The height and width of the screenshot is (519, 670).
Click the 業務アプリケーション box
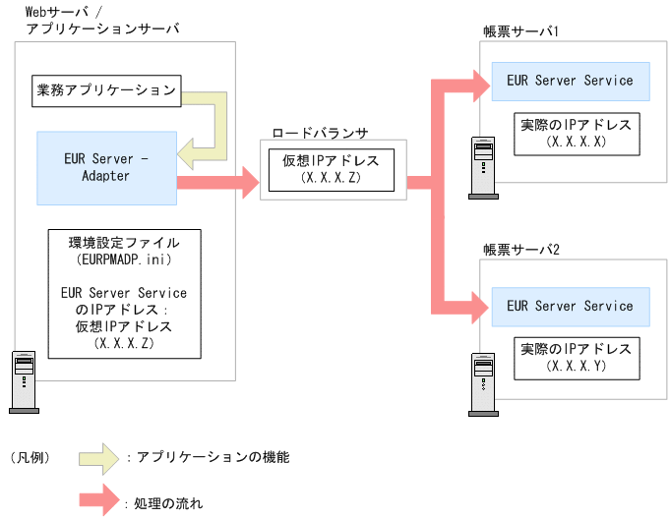[x=100, y=91]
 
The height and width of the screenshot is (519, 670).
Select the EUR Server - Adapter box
[x=106, y=167]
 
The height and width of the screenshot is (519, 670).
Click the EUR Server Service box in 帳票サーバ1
[x=570, y=82]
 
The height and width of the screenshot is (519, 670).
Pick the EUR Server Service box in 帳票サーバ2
[x=570, y=307]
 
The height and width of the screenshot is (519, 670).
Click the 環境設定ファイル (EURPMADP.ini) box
[x=123, y=293]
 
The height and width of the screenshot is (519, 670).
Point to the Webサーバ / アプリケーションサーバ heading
[x=95, y=20]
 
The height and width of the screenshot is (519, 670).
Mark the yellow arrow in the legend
[x=100, y=457]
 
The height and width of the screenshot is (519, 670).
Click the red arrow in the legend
[x=100, y=501]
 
